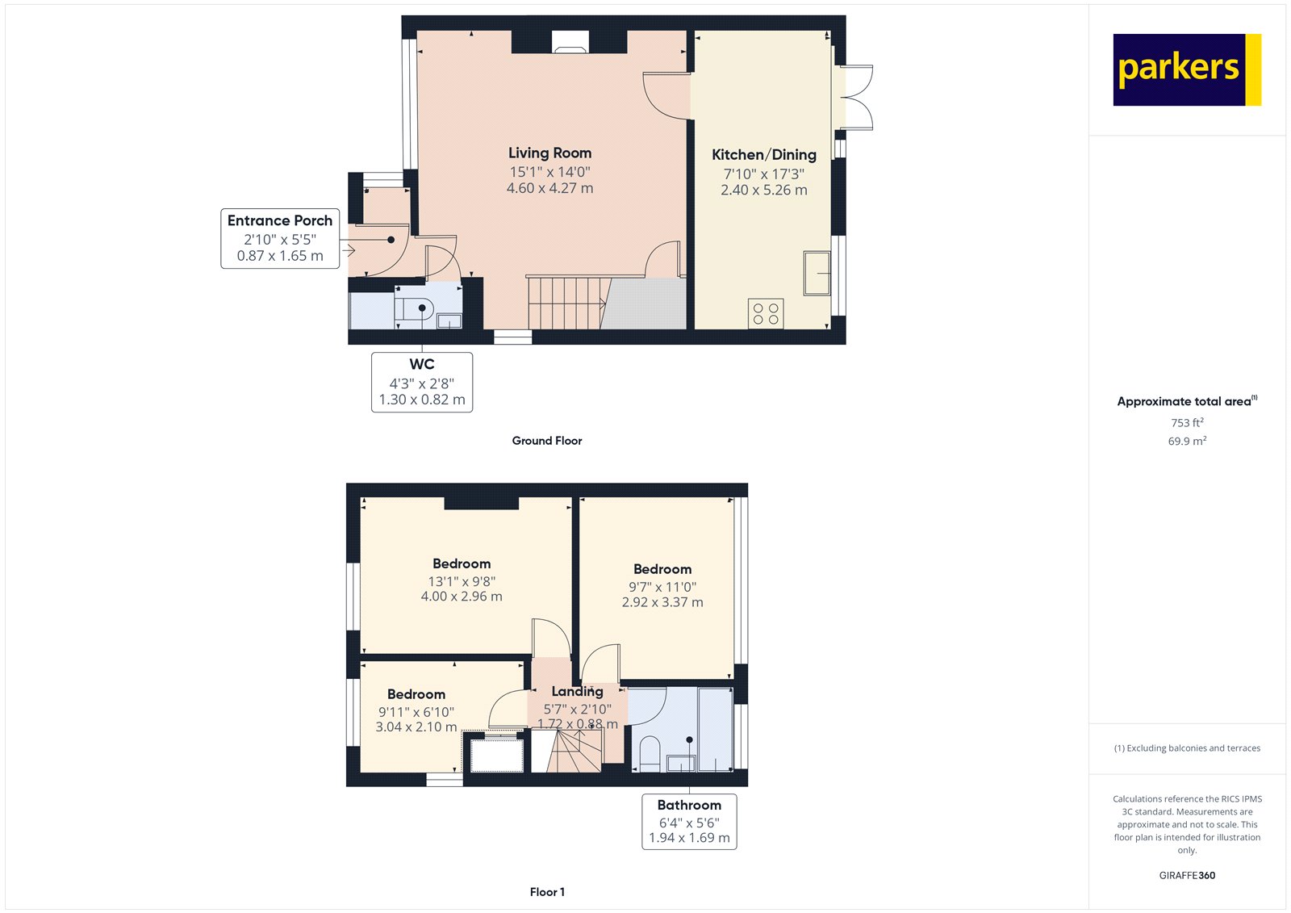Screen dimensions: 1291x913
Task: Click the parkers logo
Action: pos(1187,69)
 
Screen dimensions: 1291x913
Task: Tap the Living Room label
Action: pos(549,153)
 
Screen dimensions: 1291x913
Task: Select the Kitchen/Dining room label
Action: pos(763,154)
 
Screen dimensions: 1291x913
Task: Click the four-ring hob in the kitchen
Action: pos(766,314)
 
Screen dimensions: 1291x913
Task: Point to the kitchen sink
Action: pos(817,273)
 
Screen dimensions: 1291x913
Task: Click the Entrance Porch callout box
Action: pos(280,238)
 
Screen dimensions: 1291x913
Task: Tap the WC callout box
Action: pos(422,382)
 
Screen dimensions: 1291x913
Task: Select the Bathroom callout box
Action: pos(689,821)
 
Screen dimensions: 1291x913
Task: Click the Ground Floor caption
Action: pos(547,441)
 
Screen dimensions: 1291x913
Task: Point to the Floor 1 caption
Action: pos(547,892)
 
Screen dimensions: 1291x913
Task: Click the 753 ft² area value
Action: pos(1187,422)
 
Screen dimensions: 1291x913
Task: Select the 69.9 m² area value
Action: pos(1187,441)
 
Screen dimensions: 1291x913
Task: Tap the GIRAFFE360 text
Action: pos(1187,875)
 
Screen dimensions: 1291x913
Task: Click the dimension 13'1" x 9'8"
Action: pos(462,581)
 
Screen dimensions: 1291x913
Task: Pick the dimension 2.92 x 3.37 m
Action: pos(662,602)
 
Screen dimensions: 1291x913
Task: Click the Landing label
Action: pos(578,691)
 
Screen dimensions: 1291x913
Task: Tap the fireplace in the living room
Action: pos(570,41)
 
